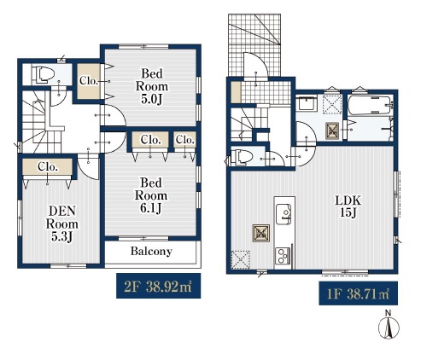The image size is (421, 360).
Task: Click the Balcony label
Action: (151, 251)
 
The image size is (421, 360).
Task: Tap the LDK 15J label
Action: (348, 206)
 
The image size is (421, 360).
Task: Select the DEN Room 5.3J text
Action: (62, 224)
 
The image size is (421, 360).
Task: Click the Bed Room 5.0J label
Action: (152, 86)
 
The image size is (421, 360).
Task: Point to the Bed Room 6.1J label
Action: (151, 195)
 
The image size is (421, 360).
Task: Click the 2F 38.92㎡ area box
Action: (158, 286)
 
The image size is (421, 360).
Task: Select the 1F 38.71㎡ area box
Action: (358, 293)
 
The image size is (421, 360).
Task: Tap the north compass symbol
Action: (389, 325)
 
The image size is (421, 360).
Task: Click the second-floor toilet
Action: (43, 75)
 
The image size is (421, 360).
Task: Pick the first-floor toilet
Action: (242, 158)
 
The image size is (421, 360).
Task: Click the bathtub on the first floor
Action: (370, 105)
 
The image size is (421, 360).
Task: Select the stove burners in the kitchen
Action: (283, 256)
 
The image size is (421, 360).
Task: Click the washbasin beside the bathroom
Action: (307, 104)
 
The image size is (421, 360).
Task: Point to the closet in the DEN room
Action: (47, 167)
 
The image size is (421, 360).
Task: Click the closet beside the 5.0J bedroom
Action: (89, 81)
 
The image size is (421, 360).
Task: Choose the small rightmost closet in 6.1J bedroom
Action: (184, 140)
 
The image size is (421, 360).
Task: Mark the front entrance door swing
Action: (255, 64)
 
